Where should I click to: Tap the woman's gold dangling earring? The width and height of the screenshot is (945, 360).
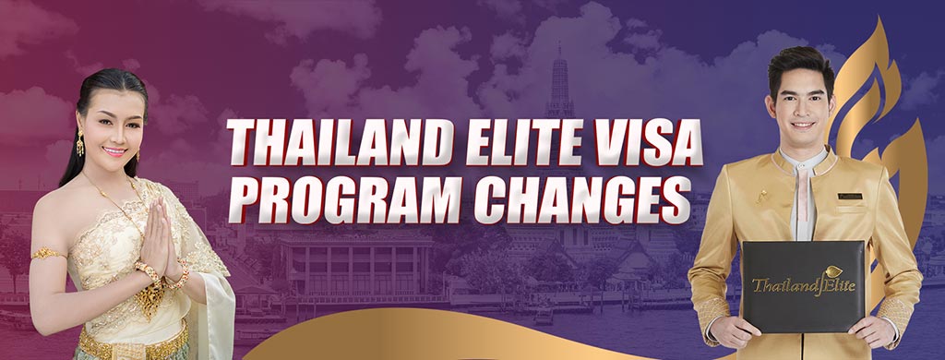point(79,145)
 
